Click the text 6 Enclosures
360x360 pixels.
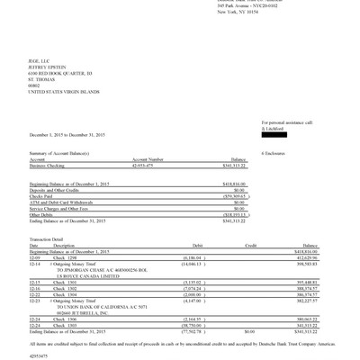click(273, 153)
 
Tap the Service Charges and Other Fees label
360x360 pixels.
click(44, 208)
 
